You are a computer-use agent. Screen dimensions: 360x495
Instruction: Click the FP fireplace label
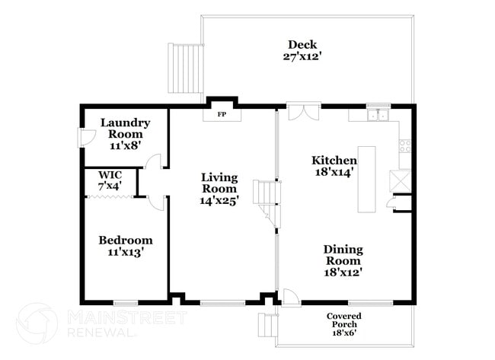pyautogui.click(x=222, y=114)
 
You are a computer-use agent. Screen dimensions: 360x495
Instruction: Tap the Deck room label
pyautogui.click(x=302, y=44)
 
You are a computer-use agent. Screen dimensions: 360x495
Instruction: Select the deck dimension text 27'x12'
pyautogui.click(x=302, y=56)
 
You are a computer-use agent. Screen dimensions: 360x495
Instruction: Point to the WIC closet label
pyautogui.click(x=110, y=174)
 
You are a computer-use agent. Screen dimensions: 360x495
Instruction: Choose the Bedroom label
pyautogui.click(x=125, y=240)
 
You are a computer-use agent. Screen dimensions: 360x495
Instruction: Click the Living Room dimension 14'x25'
pyautogui.click(x=219, y=200)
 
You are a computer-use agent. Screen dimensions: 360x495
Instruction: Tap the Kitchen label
pyautogui.click(x=334, y=161)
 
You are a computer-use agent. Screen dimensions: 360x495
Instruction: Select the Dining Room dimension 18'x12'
pyautogui.click(x=342, y=272)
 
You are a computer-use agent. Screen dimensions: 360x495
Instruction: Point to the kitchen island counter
pyautogui.click(x=367, y=179)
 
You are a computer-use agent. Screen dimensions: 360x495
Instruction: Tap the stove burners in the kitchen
pyautogui.click(x=404, y=145)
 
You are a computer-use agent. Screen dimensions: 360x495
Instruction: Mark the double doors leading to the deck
pyautogui.click(x=302, y=112)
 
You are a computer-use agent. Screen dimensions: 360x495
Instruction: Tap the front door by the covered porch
pyautogui.click(x=289, y=298)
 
